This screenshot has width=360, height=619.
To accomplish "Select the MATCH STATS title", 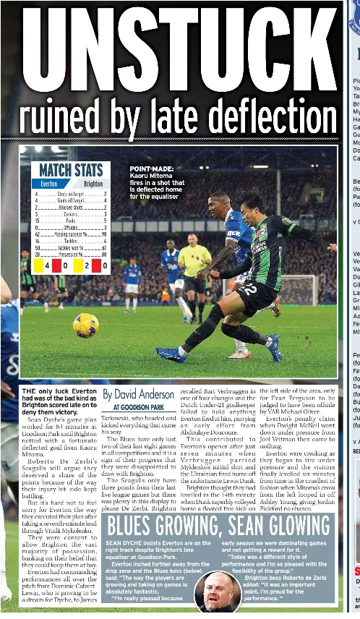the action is (70, 171).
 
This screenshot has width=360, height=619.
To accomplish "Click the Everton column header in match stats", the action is (48, 184).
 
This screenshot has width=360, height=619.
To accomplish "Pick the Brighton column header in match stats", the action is (93, 184).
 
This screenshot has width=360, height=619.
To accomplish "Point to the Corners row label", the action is (71, 214).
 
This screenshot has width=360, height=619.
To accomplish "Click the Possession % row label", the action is (71, 254).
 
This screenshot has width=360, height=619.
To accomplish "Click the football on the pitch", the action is (85, 325).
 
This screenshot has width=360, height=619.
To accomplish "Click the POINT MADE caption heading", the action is (152, 168).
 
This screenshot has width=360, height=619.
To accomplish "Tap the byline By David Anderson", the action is (138, 395).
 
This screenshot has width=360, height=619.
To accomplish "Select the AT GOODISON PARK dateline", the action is (139, 408).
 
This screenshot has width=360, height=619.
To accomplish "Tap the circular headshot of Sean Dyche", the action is (219, 592).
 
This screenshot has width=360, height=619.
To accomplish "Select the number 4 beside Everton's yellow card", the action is (37, 266).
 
